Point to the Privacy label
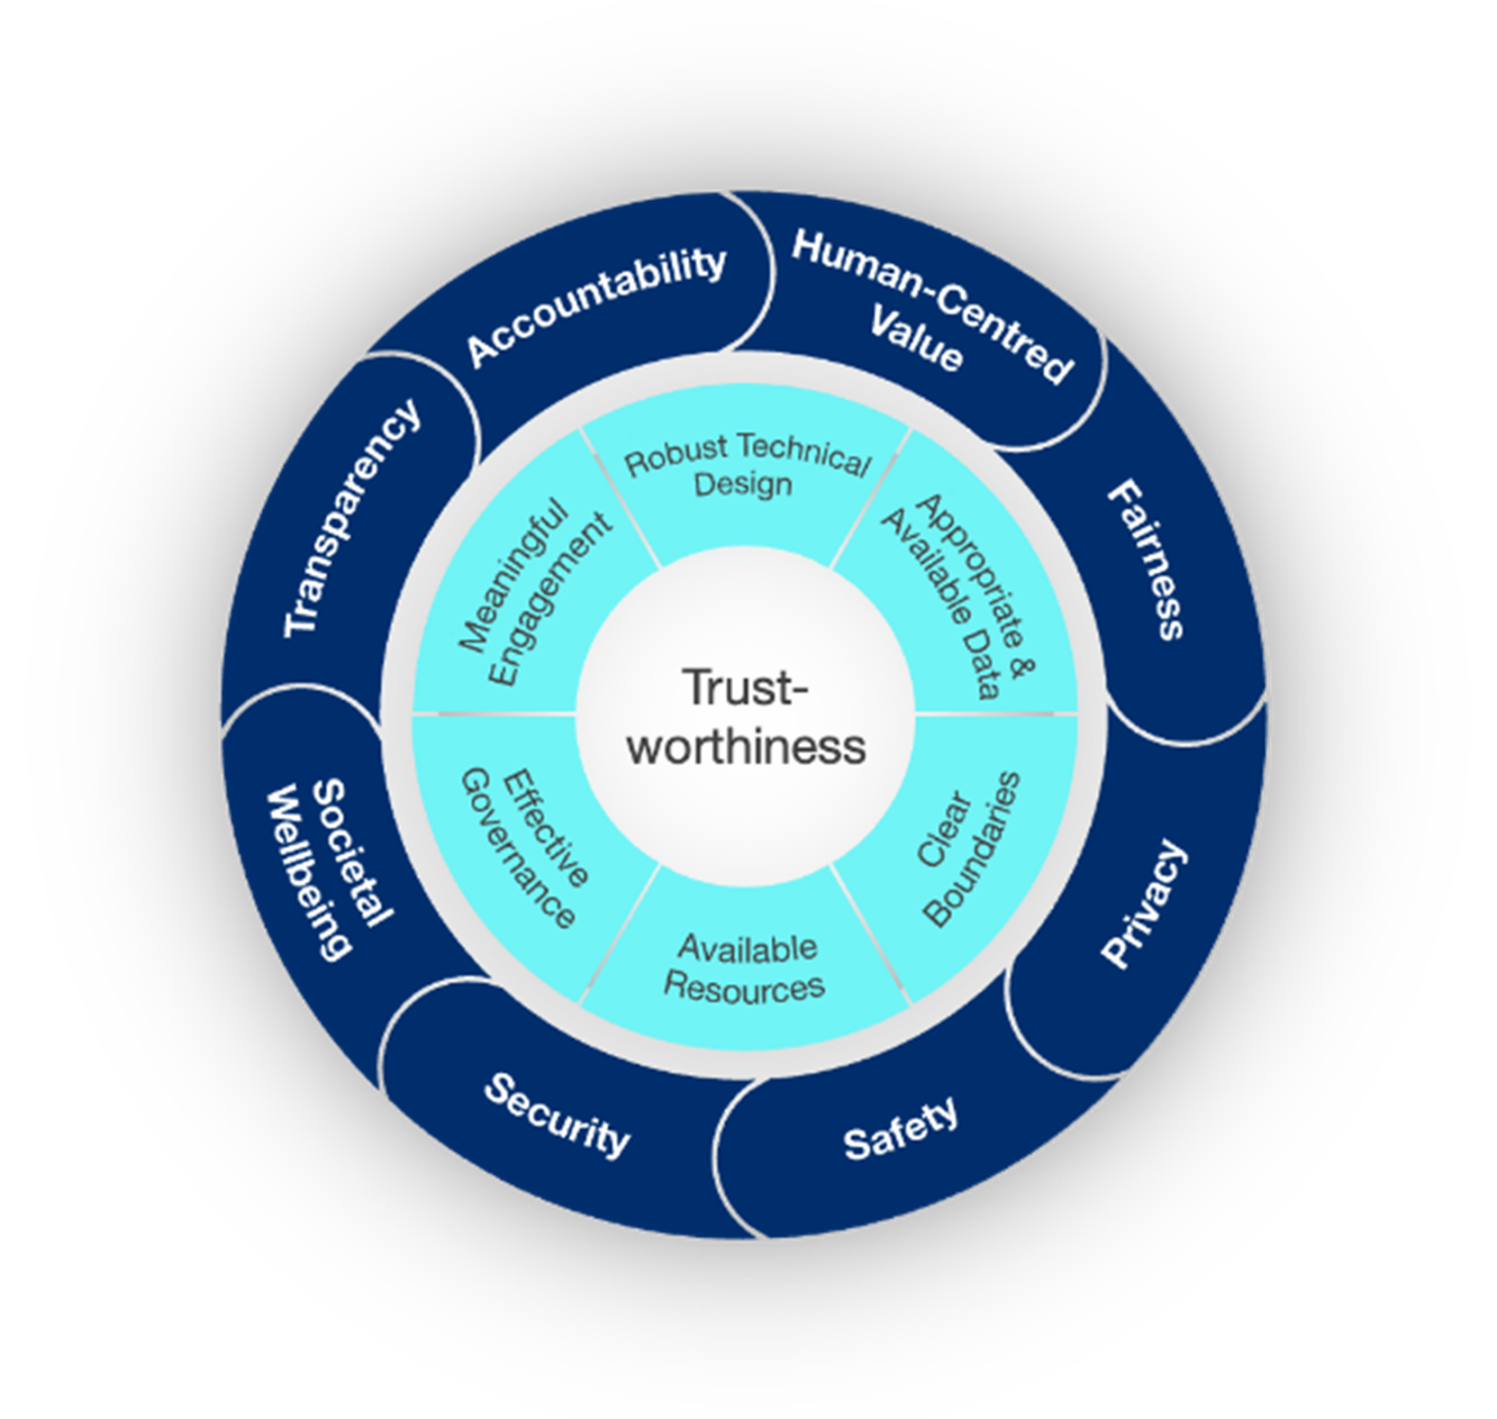[x=1144, y=903]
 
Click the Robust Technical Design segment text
[x=746, y=466]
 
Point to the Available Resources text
[x=746, y=967]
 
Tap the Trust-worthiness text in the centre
[x=746, y=717]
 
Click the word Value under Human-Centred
[x=916, y=340]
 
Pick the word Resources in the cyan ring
[x=745, y=986]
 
